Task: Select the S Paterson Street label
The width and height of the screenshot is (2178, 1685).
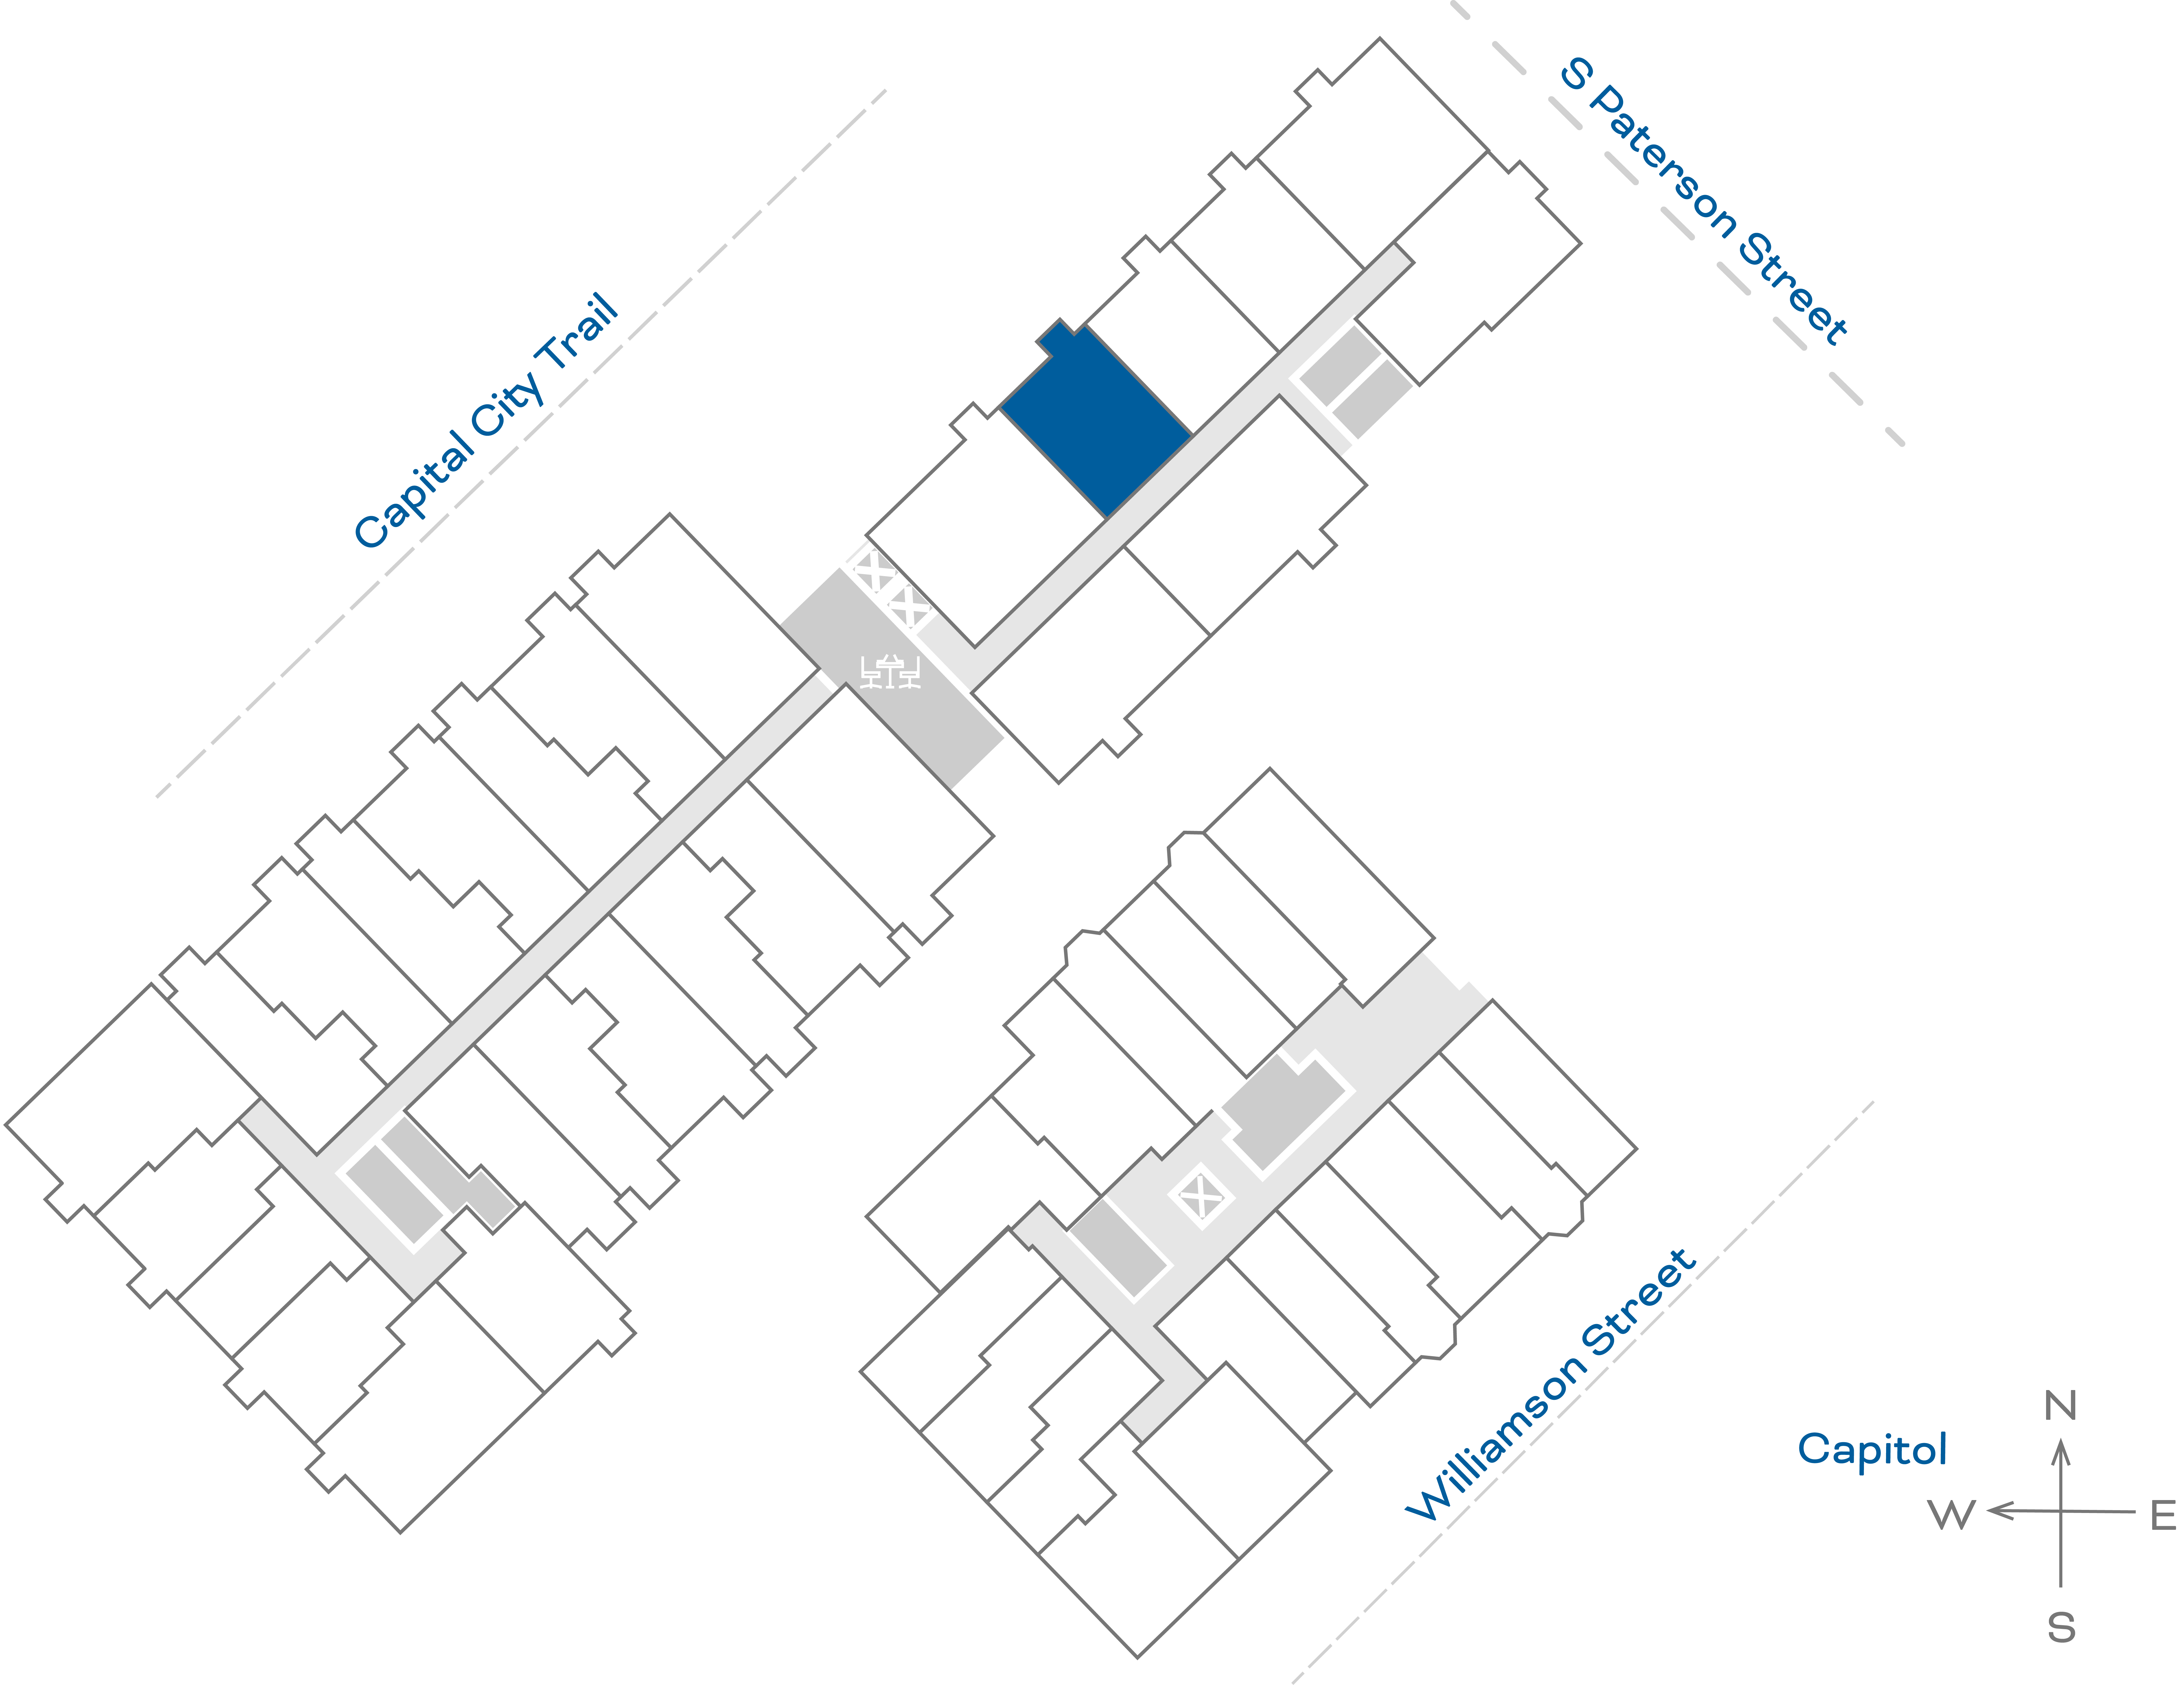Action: coord(1703,202)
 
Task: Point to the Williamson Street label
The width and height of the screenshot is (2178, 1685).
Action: coord(1551,1386)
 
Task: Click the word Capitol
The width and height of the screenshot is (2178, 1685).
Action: coord(1872,1449)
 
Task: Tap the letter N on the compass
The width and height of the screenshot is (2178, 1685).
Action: coord(2060,1406)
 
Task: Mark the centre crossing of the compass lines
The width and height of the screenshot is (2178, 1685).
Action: coord(2060,1512)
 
